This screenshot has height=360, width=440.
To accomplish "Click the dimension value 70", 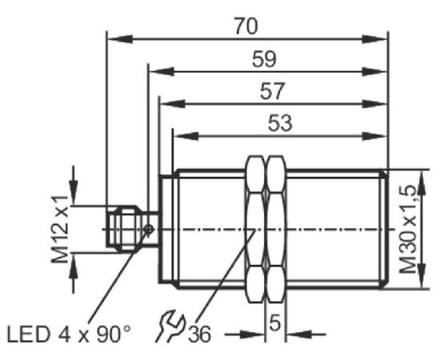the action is pyautogui.click(x=246, y=26).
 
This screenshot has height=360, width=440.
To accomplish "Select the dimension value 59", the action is pyautogui.click(x=264, y=59).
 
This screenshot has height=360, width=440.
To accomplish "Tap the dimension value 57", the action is pyautogui.click(x=272, y=91).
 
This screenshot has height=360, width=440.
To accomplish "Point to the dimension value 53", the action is pyautogui.click(x=280, y=123).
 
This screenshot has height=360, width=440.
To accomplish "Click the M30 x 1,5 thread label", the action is pyautogui.click(x=409, y=230).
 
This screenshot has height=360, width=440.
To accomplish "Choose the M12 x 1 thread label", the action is pyautogui.click(x=59, y=230).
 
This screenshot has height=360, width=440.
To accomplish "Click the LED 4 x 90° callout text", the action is pyautogui.click(x=69, y=334).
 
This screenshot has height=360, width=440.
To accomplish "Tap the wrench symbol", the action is pyautogui.click(x=171, y=326).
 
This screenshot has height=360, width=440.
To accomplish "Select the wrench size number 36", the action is pyautogui.click(x=199, y=334).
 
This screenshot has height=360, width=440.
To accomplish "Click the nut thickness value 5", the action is pyautogui.click(x=274, y=322).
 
